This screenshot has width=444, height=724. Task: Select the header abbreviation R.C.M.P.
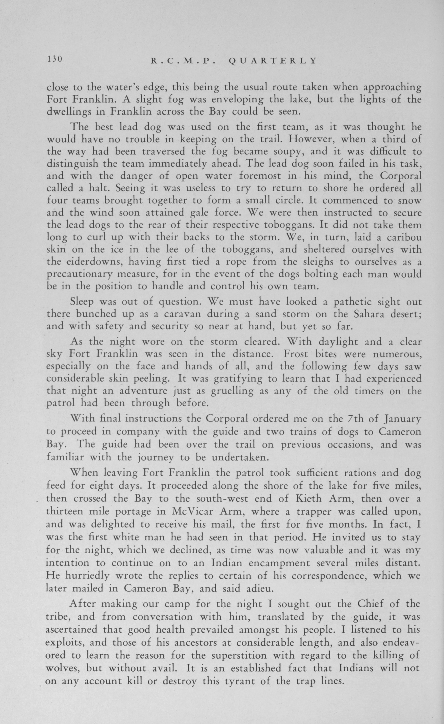(x=184, y=61)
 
